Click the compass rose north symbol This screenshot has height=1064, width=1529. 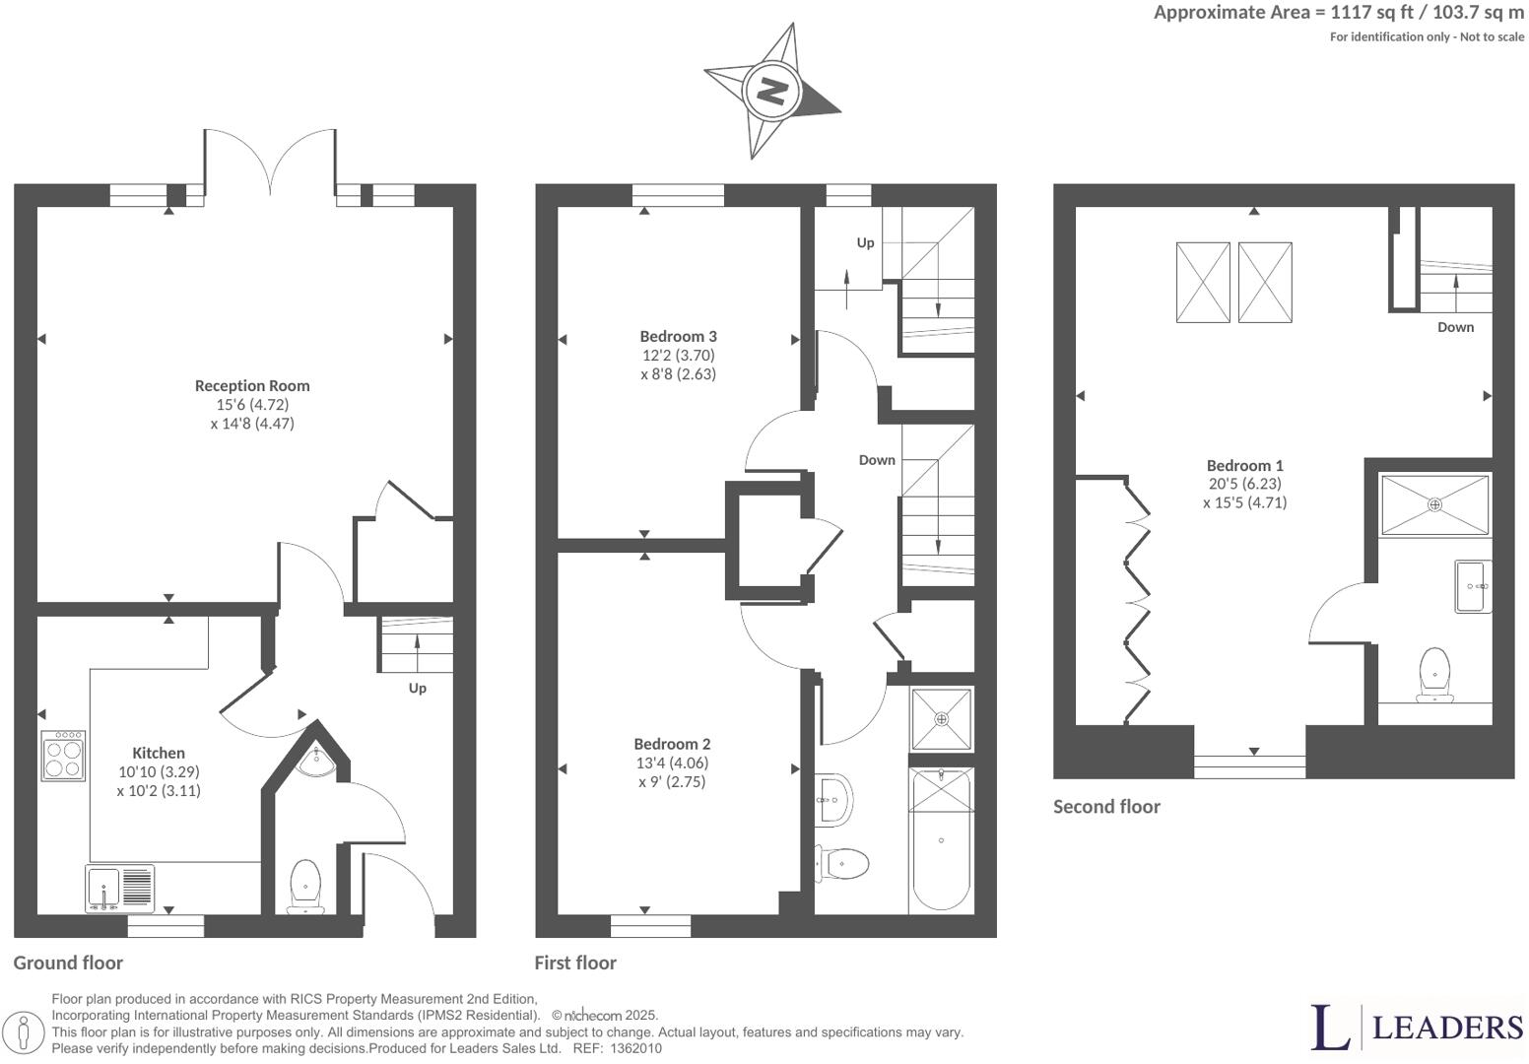(771, 92)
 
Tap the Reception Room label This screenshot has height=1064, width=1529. (252, 386)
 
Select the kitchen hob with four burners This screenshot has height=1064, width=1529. (63, 756)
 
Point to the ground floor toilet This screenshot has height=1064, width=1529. (305, 885)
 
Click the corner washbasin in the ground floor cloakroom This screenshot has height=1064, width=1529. (319, 760)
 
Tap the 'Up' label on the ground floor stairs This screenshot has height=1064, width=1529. (418, 688)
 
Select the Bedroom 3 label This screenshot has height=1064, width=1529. (678, 337)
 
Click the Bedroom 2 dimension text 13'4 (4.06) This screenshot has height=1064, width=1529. (672, 763)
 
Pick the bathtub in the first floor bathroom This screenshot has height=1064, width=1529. (941, 839)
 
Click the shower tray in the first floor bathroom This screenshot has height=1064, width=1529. (941, 719)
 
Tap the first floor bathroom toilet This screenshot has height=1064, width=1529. (842, 864)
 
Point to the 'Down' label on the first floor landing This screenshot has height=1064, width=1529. (877, 460)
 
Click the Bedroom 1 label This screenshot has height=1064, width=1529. (1244, 466)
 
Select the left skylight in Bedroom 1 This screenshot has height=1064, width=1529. (1203, 283)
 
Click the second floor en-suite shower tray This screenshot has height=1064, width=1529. (1434, 505)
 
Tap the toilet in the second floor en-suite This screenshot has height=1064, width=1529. (1434, 675)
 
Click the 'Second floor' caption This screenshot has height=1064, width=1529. (1106, 807)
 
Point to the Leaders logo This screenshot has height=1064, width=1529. (1417, 1028)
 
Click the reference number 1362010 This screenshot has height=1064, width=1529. (636, 1049)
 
